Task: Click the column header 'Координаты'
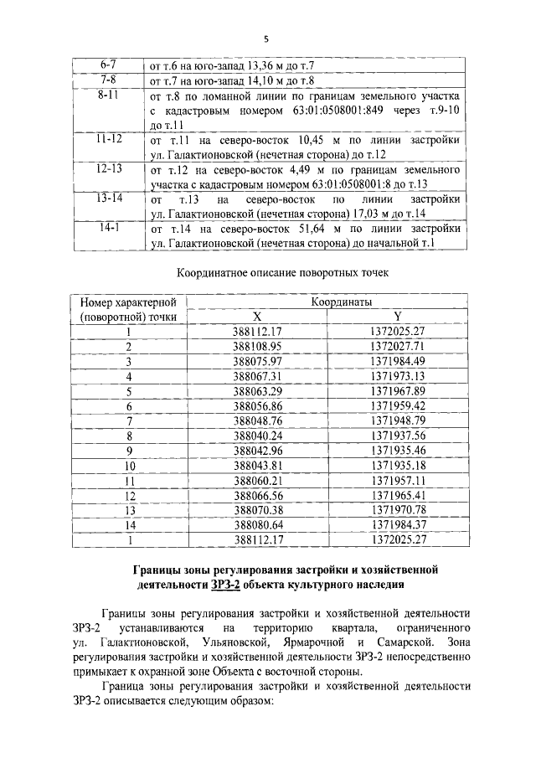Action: tap(341, 302)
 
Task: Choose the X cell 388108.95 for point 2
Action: tap(259, 346)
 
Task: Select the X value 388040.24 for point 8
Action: tap(259, 436)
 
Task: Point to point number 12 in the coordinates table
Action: tap(129, 496)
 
